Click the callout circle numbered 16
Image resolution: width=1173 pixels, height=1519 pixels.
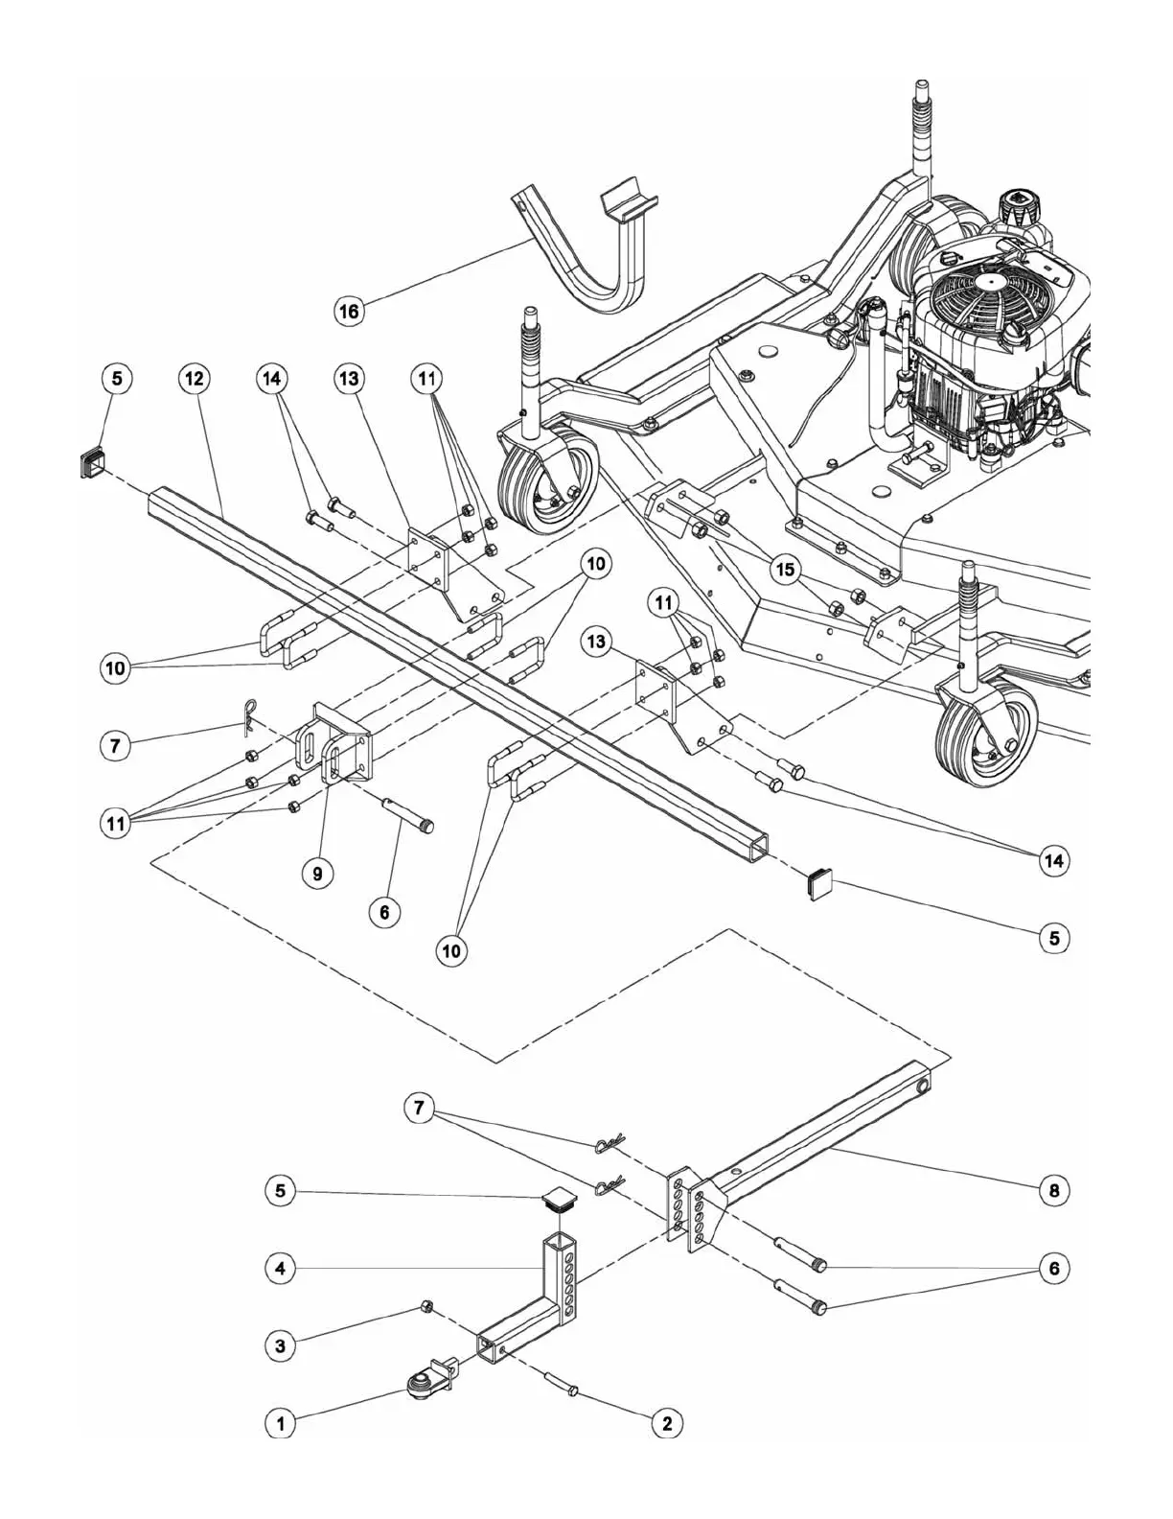click(x=350, y=312)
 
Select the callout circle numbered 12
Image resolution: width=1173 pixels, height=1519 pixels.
click(x=194, y=379)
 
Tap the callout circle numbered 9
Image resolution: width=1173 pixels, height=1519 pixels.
click(x=317, y=873)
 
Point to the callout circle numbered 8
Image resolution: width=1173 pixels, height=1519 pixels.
click(x=1054, y=1190)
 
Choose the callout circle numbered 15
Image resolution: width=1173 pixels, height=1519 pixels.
click(x=786, y=570)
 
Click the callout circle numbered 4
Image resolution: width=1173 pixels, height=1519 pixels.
click(x=280, y=1268)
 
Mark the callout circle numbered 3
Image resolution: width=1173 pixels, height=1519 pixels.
click(x=280, y=1346)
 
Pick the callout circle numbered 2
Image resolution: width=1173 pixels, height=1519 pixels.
click(x=667, y=1424)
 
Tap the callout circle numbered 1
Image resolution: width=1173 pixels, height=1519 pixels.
click(x=280, y=1424)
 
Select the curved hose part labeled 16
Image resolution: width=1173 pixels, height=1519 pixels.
click(x=575, y=259)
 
